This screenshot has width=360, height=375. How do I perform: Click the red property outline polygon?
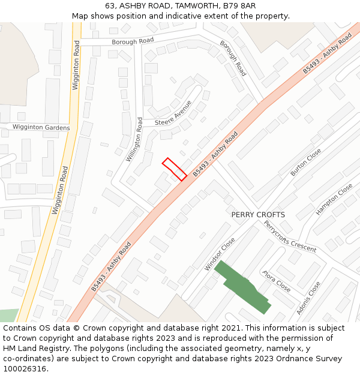(x=174, y=169)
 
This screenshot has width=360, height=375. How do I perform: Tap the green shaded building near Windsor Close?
(x=242, y=286)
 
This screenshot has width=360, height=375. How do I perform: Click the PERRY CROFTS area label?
(x=258, y=214)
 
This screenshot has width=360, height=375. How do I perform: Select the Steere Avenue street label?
(x=173, y=114)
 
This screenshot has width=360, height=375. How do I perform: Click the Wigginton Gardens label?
(x=41, y=128)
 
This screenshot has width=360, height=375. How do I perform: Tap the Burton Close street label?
(x=306, y=162)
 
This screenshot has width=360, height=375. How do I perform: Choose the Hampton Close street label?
(x=334, y=200)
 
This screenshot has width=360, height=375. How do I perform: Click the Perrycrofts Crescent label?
(x=290, y=236)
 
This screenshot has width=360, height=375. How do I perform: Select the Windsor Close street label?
(x=220, y=254)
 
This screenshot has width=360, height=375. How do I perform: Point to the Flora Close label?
(x=277, y=281)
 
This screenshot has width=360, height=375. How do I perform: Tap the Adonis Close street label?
(x=308, y=298)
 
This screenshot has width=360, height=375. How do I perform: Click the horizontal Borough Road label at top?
(x=133, y=41)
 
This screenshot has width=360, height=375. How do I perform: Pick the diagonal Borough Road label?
(x=233, y=58)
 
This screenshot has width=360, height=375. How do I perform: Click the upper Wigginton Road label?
(x=76, y=65)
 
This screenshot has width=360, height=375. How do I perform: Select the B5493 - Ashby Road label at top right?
(x=327, y=54)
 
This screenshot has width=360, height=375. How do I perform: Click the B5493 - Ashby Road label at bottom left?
(x=112, y=267)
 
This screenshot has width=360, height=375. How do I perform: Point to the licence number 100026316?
(x=26, y=368)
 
